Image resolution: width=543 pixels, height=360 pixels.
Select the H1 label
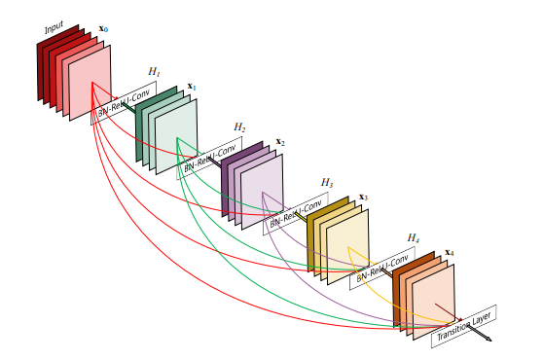pos(154,72)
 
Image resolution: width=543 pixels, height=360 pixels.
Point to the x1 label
pos(192,88)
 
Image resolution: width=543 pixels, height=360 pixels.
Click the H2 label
pos(239,127)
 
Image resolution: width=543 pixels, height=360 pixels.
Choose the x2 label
pos(280,142)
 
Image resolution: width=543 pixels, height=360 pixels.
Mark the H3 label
pos(327,182)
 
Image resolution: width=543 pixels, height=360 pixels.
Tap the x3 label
pos(363,197)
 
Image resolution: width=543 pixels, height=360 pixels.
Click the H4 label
pos(414,237)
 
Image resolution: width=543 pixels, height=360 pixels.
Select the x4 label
pos(449,252)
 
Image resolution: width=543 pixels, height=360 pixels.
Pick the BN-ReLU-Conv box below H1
pos(126,101)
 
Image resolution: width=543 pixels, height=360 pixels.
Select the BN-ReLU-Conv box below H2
pos(212,157)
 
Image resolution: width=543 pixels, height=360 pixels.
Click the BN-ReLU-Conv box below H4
pos(381,269)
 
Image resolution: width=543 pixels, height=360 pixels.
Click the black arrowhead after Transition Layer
pos(487,340)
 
